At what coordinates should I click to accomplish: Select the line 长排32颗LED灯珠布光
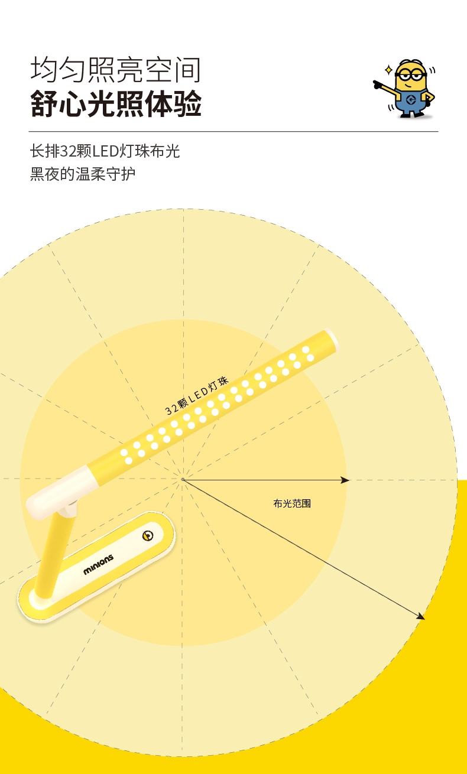tap(105, 151)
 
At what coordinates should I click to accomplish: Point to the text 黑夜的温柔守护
tap(83, 174)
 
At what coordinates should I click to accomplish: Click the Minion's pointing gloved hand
tap(379, 84)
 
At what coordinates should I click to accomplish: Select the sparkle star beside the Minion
tap(388, 70)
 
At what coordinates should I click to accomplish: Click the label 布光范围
tap(292, 504)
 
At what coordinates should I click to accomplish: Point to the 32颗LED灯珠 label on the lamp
tap(196, 396)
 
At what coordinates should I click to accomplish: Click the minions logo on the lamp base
tap(98, 564)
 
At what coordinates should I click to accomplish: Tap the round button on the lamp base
tap(148, 536)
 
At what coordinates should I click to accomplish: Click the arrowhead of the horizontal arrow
tap(346, 480)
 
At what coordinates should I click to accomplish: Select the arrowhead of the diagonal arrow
tap(421, 617)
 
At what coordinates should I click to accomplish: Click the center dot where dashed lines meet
tap(183, 479)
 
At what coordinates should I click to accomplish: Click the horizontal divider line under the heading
tap(234, 131)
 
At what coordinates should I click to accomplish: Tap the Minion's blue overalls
tap(412, 104)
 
